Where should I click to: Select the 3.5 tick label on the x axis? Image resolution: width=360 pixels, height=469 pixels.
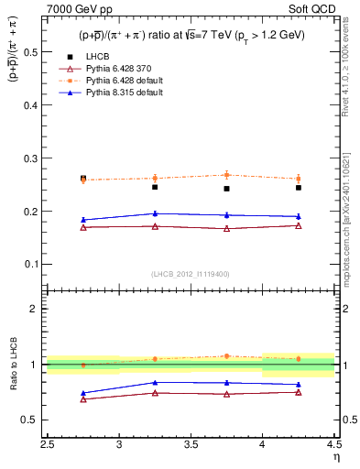[x=191, y=446]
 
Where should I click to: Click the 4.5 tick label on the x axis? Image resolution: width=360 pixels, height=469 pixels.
[x=333, y=446]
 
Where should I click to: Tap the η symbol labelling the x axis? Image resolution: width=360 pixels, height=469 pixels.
[x=336, y=457]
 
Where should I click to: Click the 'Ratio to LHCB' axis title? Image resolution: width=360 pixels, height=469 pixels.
[x=14, y=365]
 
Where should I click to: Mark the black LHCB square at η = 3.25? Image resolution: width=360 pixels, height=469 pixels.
[x=155, y=187]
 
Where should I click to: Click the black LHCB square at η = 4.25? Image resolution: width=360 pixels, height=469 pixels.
[x=299, y=188]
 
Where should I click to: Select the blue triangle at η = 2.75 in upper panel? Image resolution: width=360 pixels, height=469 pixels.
[x=83, y=220]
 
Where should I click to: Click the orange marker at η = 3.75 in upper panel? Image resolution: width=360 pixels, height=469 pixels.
[x=227, y=175]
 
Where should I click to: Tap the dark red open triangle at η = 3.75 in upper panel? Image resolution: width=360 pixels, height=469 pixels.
[x=227, y=229]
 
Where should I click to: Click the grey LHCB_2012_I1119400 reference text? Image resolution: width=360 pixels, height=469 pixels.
[x=191, y=273]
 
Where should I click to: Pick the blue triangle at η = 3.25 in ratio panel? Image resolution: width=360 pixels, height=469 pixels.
[x=155, y=382]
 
